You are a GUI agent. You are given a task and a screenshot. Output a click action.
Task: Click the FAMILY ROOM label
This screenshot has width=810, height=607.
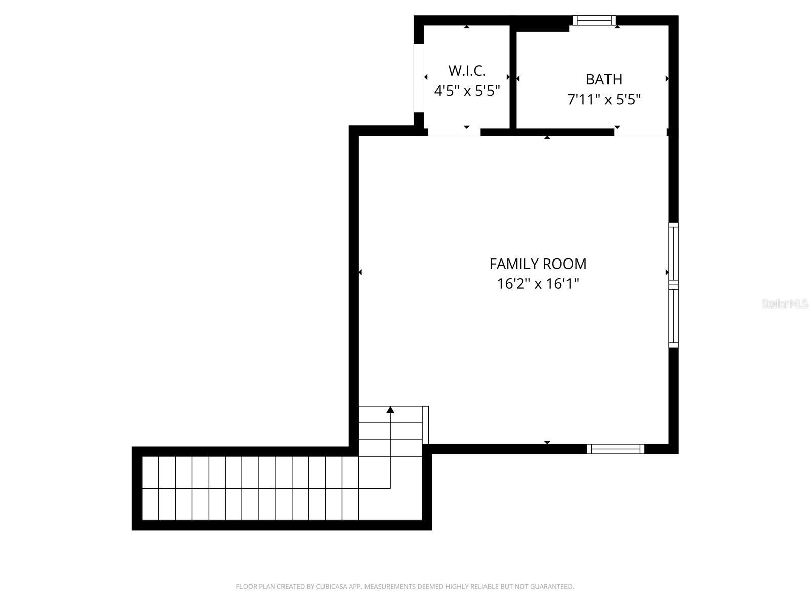(x=538, y=264)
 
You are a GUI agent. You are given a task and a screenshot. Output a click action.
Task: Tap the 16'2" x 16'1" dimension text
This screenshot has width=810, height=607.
(x=538, y=284)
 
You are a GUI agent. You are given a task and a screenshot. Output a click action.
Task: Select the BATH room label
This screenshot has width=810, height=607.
(x=604, y=79)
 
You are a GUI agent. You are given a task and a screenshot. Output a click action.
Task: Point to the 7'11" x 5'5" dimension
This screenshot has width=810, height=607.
(x=604, y=99)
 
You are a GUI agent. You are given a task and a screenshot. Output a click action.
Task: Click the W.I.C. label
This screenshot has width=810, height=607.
(x=467, y=70)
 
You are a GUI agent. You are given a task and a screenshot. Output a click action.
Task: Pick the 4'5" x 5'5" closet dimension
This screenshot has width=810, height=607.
(x=467, y=91)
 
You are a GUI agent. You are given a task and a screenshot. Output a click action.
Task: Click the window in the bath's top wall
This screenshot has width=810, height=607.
(x=594, y=20)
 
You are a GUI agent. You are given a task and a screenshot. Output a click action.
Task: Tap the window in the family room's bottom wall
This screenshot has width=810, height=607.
(x=616, y=449)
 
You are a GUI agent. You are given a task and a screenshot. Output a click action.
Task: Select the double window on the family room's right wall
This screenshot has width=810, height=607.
(x=673, y=285)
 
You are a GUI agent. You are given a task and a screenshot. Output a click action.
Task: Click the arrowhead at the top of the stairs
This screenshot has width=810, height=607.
(x=390, y=410)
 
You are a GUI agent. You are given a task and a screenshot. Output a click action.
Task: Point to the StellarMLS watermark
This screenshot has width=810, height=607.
(x=785, y=304)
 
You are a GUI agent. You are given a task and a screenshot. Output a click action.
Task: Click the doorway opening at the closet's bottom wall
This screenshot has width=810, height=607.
(x=454, y=133)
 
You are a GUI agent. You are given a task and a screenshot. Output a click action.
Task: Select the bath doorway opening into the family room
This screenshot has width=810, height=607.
(x=640, y=133)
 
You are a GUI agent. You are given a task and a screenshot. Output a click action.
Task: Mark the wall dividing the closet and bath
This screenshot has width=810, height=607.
(x=513, y=78)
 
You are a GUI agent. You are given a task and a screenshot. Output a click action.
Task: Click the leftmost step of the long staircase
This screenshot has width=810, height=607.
(x=150, y=488)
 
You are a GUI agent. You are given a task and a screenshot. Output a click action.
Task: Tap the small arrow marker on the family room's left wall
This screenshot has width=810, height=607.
(x=360, y=273)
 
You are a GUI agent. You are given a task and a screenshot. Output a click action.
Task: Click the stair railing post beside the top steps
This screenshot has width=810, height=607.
(x=425, y=424)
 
